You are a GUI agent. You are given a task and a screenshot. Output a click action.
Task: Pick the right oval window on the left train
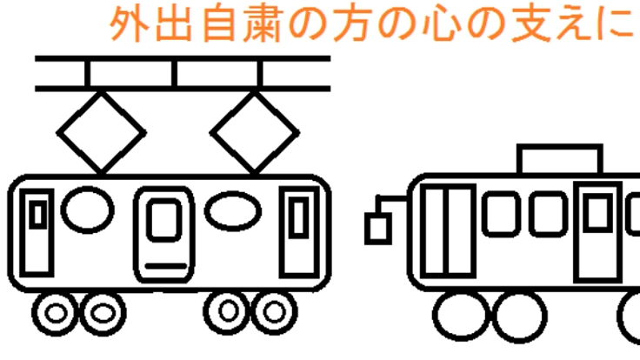click(232, 210)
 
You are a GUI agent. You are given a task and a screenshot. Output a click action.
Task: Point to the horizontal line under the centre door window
click(165, 261)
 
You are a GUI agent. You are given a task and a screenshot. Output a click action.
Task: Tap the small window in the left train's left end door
click(37, 214)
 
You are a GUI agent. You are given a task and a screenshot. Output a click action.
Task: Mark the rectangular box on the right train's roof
click(559, 160)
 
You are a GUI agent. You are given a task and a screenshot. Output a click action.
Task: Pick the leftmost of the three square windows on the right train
click(499, 214)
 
